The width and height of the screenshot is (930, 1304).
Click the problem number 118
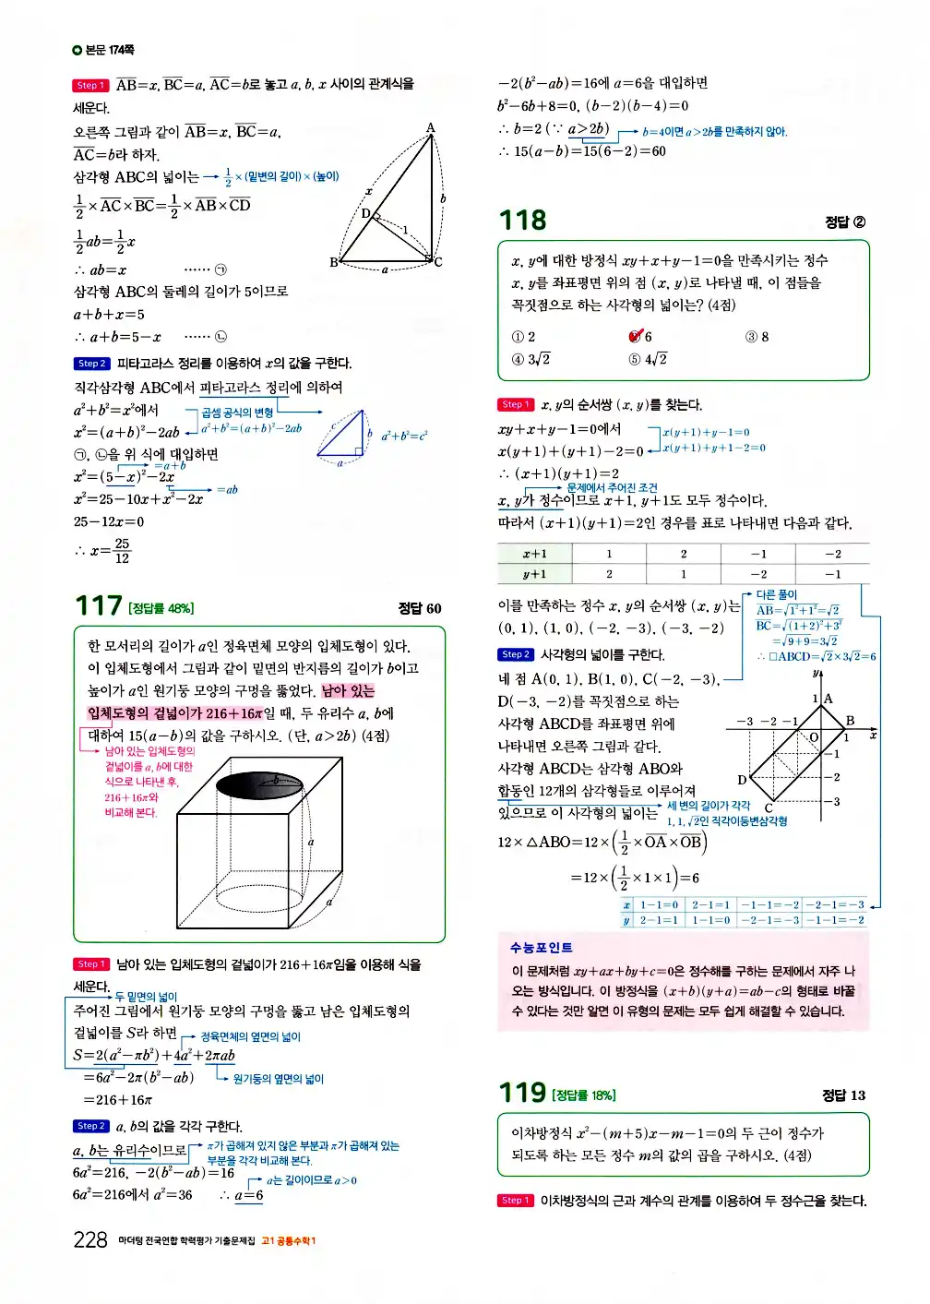[x=522, y=221]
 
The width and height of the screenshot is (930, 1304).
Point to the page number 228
[x=90, y=1239]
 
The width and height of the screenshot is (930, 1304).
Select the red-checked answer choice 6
[x=640, y=337]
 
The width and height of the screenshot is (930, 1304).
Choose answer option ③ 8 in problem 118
[x=757, y=337]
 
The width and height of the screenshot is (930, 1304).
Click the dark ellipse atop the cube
[x=259, y=784]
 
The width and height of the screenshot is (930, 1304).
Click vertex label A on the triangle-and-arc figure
[x=430, y=128]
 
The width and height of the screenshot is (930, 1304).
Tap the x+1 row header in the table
[x=535, y=554]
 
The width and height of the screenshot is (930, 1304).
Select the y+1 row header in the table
[x=535, y=574]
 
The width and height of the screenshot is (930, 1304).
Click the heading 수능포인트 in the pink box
[x=541, y=948]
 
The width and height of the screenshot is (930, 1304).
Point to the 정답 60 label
[x=420, y=608]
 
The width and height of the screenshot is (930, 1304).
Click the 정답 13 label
[x=843, y=1095]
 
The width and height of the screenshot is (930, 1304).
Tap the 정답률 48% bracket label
[x=161, y=608]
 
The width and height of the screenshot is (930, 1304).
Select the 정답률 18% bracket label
[x=583, y=1095]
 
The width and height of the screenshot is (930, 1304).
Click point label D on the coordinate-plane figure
[x=742, y=780]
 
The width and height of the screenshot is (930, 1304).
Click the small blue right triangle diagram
[x=342, y=436]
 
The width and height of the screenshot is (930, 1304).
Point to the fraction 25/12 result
[x=121, y=551]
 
